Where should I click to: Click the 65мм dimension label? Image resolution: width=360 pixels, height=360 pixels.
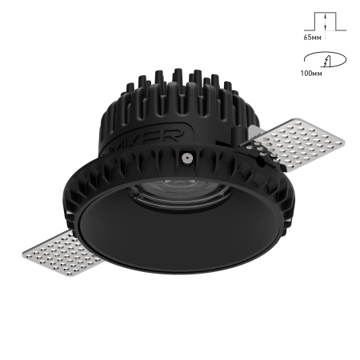pyautogui.click(x=312, y=38)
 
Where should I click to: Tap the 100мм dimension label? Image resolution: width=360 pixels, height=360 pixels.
pyautogui.click(x=311, y=74)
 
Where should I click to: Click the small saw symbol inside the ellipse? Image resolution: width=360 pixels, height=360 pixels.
pyautogui.click(x=326, y=62)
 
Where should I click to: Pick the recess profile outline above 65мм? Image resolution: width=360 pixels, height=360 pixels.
pyautogui.click(x=325, y=22)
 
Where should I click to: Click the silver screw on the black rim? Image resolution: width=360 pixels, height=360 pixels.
pyautogui.click(x=186, y=158)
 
